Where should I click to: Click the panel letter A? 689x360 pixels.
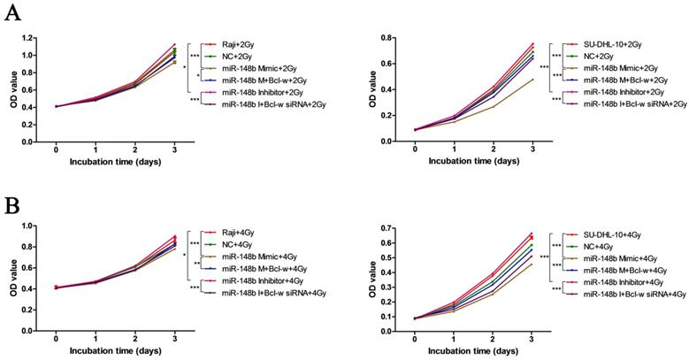click(11, 14)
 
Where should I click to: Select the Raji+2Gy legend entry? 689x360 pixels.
click(240, 43)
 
